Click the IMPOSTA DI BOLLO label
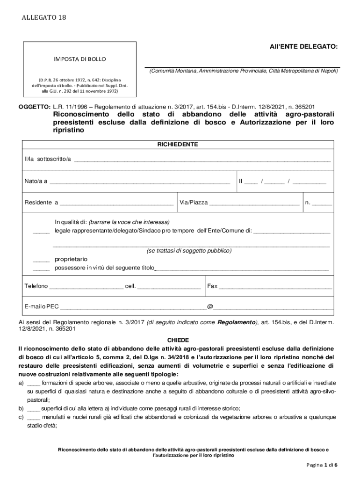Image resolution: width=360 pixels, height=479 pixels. point(79,59)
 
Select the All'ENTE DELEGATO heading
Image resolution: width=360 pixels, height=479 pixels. point(302,47)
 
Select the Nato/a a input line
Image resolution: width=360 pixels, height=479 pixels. point(140,182)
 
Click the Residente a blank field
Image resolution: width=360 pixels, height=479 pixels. point(116,203)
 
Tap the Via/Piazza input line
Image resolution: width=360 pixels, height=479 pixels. point(254,203)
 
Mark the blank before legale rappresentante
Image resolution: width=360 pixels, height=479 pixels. point(41,232)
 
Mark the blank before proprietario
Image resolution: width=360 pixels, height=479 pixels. point(41,260)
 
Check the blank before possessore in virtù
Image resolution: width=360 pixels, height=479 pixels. point(41,269)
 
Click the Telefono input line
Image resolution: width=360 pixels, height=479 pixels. point(86,287)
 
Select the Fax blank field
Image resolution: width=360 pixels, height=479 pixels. point(275,287)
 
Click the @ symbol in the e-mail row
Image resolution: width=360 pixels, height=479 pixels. point(210,307)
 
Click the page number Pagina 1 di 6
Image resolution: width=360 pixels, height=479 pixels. point(322,465)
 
